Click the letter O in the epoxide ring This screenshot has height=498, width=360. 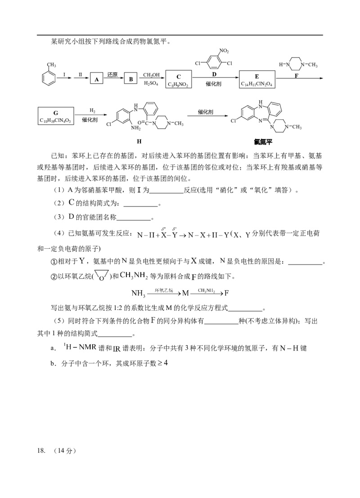point(101,278)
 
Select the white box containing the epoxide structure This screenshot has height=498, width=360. point(102,275)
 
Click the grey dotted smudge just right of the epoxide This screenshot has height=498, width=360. point(133,275)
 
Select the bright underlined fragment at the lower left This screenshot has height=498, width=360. point(80,347)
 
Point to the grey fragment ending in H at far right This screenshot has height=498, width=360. point(288,348)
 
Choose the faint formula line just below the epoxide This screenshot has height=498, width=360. point(180,293)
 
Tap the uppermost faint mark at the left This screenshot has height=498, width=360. point(72,201)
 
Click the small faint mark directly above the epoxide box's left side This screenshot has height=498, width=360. point(81,260)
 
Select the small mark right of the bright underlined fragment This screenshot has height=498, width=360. point(117,349)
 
